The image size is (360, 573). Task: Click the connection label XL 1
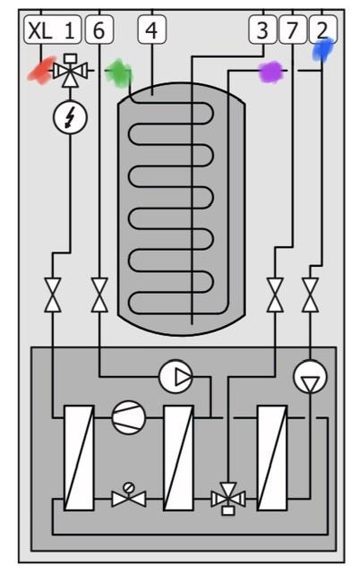(53, 30)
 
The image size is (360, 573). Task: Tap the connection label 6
(99, 30)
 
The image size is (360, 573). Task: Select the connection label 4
(152, 30)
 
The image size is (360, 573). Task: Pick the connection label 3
(262, 30)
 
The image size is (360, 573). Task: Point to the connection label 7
(292, 30)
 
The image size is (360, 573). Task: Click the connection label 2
(322, 30)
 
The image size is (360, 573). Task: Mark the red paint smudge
(42, 70)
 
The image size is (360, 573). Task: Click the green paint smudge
(118, 73)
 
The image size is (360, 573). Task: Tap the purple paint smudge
(271, 72)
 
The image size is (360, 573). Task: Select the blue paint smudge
(323, 49)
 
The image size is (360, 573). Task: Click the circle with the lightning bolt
(70, 117)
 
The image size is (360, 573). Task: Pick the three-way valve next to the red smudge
(70, 70)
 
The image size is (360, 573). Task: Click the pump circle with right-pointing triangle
(176, 376)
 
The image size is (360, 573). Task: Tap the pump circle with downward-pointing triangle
(310, 377)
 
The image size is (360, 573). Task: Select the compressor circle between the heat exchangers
(129, 417)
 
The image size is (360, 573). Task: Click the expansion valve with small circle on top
(129, 495)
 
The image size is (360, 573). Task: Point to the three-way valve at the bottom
(228, 499)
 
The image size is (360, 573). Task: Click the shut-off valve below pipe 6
(99, 295)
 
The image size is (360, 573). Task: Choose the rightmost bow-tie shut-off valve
(310, 295)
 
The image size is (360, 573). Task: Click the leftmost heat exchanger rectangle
(79, 458)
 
